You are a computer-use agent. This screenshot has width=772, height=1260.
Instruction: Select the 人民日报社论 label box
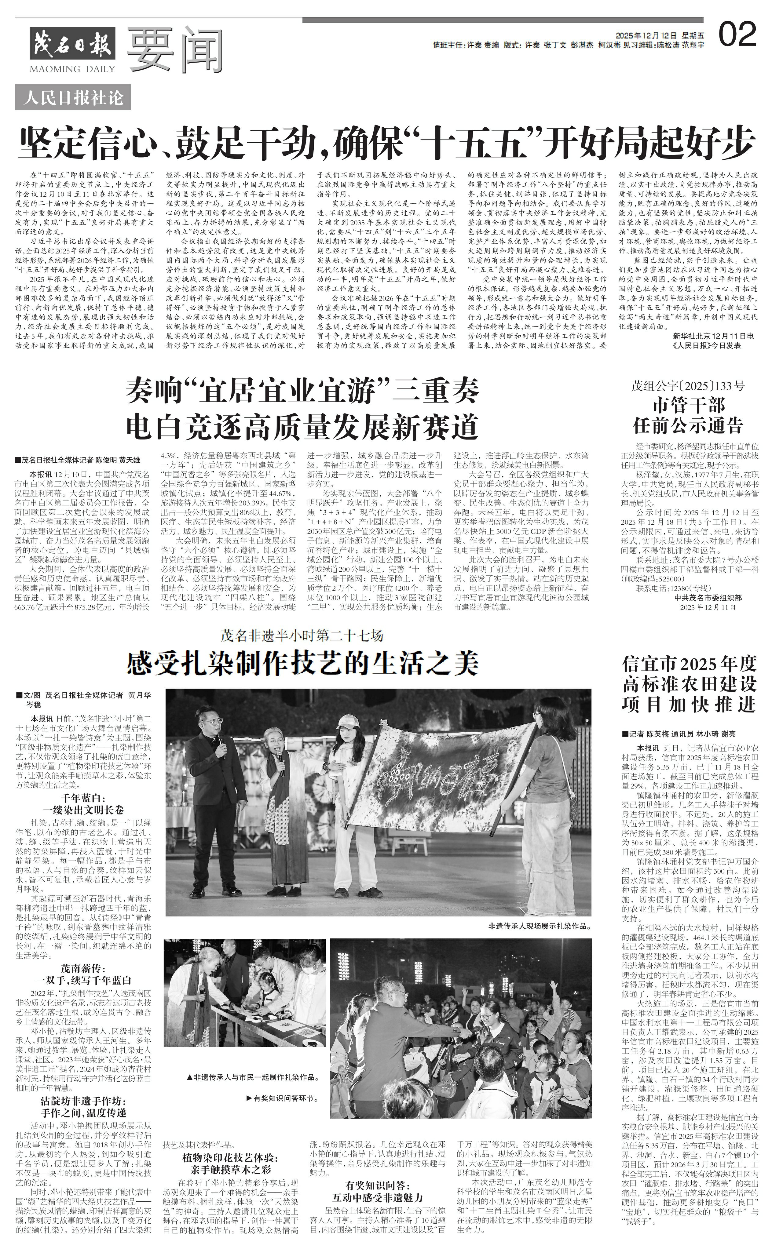point(73,97)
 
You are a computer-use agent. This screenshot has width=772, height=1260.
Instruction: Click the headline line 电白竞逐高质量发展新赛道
point(302,426)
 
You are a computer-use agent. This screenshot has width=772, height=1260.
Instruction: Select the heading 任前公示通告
point(688,425)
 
